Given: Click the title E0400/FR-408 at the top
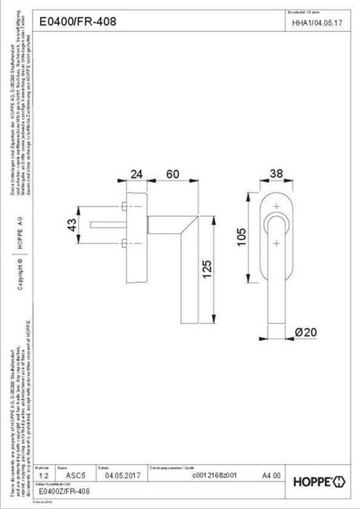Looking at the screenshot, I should (x=76, y=23).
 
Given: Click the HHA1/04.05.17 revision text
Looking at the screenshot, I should (x=316, y=23).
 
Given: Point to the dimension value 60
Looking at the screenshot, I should (x=173, y=175).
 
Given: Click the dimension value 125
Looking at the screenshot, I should (x=207, y=269).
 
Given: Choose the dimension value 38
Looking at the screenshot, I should (x=276, y=174).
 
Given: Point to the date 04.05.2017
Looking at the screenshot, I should (x=123, y=476).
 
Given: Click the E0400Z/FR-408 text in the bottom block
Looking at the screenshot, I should (x=65, y=492).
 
